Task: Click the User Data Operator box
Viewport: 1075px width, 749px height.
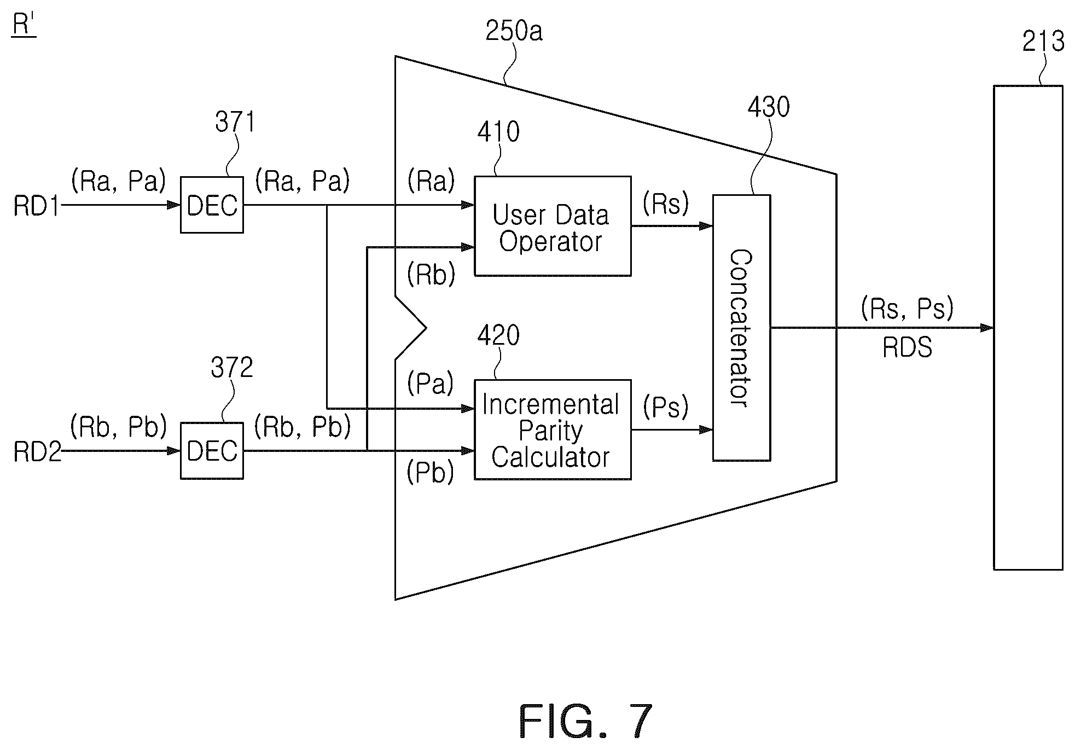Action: [x=553, y=226]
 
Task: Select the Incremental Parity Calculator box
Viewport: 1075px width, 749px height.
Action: [x=553, y=429]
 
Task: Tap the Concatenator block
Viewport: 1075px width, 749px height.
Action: [x=742, y=328]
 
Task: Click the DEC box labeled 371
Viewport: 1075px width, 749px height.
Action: [x=212, y=205]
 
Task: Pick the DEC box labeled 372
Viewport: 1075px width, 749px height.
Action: [x=212, y=451]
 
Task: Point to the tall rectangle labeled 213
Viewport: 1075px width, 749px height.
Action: [x=1028, y=327]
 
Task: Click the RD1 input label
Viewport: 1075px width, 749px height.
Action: [x=36, y=206]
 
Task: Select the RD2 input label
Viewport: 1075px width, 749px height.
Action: [x=37, y=452]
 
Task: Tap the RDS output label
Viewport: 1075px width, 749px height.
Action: [x=908, y=347]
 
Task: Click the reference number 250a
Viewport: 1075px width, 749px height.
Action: [x=514, y=31]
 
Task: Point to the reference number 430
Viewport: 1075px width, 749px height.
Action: [x=769, y=107]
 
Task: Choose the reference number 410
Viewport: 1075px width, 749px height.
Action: [x=498, y=132]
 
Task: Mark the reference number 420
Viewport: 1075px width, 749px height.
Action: [x=498, y=335]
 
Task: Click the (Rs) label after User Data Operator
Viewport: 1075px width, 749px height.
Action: [x=666, y=204]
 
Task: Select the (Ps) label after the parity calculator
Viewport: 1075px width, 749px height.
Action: [x=666, y=407]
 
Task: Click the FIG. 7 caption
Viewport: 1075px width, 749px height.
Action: [x=585, y=722]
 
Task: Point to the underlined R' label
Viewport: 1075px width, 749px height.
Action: [x=24, y=26]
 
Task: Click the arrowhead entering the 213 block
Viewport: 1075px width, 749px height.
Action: [x=987, y=328]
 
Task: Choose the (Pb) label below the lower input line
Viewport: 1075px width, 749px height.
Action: [x=431, y=472]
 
